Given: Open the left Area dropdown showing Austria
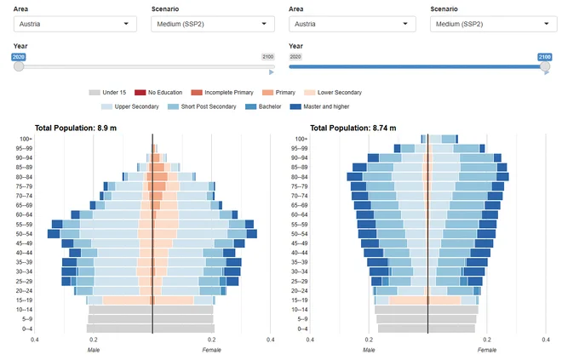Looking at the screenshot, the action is (75, 24).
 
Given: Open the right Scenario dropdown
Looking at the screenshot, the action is (493, 24).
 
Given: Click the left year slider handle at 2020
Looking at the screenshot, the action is (19, 66).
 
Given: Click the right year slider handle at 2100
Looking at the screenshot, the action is (545, 66).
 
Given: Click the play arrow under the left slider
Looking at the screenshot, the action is (272, 72).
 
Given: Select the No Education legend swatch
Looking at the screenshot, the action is (140, 92).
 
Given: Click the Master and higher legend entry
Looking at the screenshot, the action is (320, 106).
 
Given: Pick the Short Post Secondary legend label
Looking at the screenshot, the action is (209, 106).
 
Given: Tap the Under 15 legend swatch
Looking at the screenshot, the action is (95, 92).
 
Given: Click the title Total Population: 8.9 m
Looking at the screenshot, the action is (76, 129).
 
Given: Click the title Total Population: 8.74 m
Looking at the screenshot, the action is (353, 129).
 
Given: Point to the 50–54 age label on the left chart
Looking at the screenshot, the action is (25, 234).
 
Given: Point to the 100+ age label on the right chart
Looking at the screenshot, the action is (301, 140).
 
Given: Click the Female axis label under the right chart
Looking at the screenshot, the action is (487, 350).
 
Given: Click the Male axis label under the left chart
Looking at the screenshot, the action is (94, 350).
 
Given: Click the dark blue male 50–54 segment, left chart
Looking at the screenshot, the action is (54, 234).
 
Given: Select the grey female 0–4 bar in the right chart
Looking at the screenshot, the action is (451, 329).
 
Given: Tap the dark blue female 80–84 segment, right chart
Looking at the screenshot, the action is (502, 176).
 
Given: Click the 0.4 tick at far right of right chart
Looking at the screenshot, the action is (546, 340).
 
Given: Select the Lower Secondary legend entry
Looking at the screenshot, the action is (333, 92).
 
